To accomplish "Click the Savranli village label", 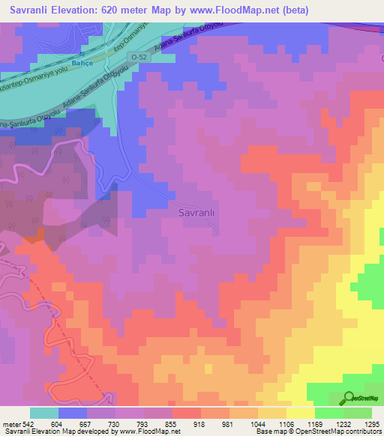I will coord(197,213).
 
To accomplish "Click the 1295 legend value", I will coord(372,423).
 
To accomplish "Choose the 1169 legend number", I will coord(315,423).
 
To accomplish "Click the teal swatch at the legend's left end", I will coord(44,413).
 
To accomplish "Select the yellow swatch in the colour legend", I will coord(300,413).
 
